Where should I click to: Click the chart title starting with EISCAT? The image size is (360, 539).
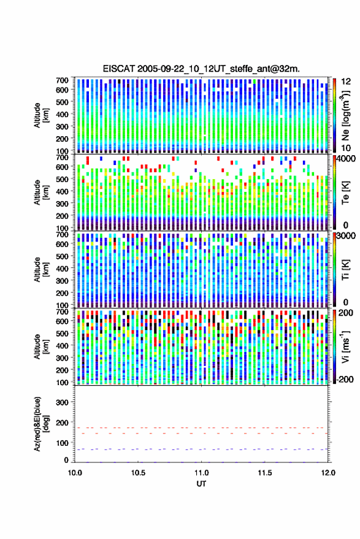(201, 69)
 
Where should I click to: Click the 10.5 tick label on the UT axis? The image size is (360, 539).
(138, 473)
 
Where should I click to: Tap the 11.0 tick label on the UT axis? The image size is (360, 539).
(201, 473)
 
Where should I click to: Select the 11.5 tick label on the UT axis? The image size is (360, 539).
(264, 473)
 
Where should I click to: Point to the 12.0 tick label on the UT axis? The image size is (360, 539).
(327, 473)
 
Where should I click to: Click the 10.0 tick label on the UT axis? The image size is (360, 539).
(75, 473)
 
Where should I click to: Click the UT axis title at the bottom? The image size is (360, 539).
(201, 484)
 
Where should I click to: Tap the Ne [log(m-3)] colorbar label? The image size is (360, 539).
(345, 115)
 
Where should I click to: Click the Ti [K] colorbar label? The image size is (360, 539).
(345, 270)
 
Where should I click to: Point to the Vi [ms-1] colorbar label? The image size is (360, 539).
(345, 347)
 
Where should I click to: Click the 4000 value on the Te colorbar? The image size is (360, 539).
(346, 159)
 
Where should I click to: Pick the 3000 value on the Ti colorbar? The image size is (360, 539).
(346, 236)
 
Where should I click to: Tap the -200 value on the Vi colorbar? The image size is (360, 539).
(345, 380)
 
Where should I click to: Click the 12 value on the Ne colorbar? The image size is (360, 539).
(346, 82)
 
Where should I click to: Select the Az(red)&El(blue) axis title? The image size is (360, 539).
(41, 424)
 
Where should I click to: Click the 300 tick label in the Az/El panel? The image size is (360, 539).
(63, 402)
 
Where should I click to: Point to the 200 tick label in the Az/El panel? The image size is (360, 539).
(63, 423)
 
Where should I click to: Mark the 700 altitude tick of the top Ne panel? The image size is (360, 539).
(62, 80)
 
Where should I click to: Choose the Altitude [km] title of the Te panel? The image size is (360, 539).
(41, 193)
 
